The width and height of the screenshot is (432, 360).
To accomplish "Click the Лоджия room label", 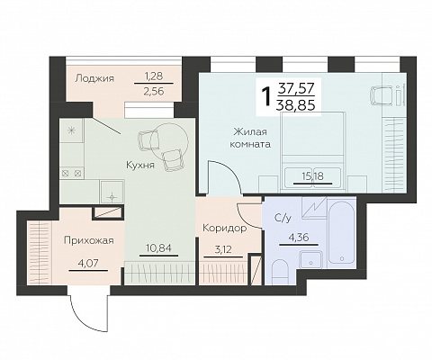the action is pos(94,78).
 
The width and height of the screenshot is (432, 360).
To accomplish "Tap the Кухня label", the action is pos(140,165).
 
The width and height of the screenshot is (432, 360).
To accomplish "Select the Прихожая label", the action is pos(89,240).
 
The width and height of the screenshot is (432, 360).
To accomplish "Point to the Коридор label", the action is pos(225,229).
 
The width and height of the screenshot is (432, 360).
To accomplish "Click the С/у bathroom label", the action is pos(283,218).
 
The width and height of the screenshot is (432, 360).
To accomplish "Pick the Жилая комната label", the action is pos(250,138).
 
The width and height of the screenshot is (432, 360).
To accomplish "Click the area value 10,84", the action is pos(158,247).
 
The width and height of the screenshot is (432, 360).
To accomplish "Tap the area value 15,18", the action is pos(312,175).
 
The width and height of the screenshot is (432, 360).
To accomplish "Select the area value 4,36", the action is pos(299,238).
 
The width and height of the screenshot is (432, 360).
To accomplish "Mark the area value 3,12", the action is pos(223,249).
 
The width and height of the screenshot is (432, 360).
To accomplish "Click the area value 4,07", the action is pos(88,263).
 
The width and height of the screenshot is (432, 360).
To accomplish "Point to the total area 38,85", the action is pos(296,105).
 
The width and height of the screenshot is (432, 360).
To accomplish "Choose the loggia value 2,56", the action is pos(154,91).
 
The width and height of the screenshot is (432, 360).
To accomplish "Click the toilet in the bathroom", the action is pos(280,272).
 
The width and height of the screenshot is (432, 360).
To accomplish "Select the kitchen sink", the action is pos(112,193).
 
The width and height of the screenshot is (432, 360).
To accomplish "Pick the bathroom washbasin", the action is pos(310,259).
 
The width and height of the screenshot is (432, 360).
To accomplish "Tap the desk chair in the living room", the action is pos(381,95).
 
